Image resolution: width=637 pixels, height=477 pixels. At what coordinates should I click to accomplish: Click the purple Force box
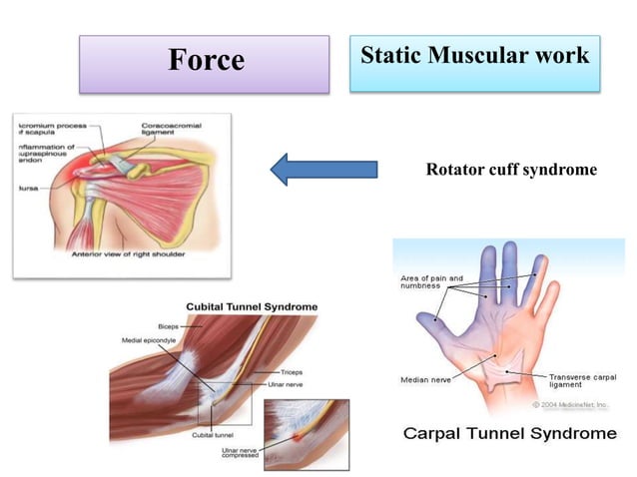click(x=205, y=62)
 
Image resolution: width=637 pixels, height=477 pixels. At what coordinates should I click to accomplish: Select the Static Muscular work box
click(x=474, y=58)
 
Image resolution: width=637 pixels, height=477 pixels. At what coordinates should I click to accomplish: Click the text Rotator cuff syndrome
click(x=511, y=171)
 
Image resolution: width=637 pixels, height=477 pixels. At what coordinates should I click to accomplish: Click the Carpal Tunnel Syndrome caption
click(x=509, y=434)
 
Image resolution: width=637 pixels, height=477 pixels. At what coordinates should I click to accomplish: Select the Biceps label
click(x=170, y=326)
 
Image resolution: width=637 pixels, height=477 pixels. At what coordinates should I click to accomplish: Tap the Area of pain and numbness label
click(x=431, y=281)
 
